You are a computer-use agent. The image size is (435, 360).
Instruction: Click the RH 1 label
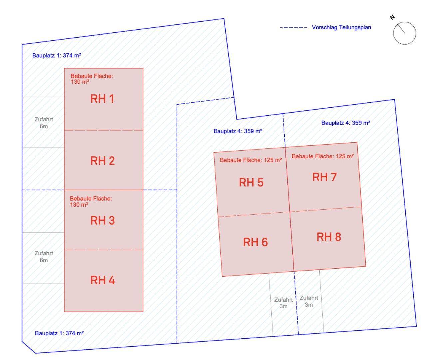pyautogui.click(x=102, y=99)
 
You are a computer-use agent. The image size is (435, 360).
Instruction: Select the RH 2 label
pyautogui.click(x=102, y=161)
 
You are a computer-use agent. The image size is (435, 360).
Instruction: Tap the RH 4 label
pyautogui.click(x=102, y=280)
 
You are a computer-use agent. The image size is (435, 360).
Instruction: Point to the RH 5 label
pyautogui.click(x=251, y=182)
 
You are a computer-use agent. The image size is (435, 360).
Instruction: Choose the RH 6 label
pyautogui.click(x=255, y=242)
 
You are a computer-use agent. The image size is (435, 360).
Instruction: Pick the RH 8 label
pyautogui.click(x=329, y=237)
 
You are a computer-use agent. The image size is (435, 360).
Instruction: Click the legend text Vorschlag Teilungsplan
pyautogui.click(x=341, y=27)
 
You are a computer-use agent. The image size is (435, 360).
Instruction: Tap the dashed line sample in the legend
pyautogui.click(x=293, y=27)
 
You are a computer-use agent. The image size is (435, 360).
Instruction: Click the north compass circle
pyautogui.click(x=404, y=33)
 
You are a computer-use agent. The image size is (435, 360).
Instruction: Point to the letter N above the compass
pyautogui.click(x=393, y=17)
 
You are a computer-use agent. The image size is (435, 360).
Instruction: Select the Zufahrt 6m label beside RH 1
pyautogui.click(x=44, y=123)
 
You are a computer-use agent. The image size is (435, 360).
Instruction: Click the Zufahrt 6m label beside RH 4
pyautogui.click(x=44, y=257)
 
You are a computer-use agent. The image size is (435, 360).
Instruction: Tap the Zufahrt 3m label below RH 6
pyautogui.click(x=283, y=303)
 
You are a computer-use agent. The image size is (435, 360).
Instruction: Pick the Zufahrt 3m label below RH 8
pyautogui.click(x=309, y=301)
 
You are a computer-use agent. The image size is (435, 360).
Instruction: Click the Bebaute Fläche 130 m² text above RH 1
pyautogui.click(x=92, y=79)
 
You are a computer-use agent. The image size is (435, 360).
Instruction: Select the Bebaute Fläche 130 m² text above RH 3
pyautogui.click(x=91, y=201)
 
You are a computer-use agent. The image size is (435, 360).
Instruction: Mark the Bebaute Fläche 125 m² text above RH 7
pyautogui.click(x=323, y=156)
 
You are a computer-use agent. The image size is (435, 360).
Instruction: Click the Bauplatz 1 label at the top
pyautogui.click(x=57, y=55)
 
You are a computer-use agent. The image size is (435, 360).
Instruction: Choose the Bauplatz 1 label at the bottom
pyautogui.click(x=59, y=333)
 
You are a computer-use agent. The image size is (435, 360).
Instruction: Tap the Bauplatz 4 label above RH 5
pyautogui.click(x=238, y=131)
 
